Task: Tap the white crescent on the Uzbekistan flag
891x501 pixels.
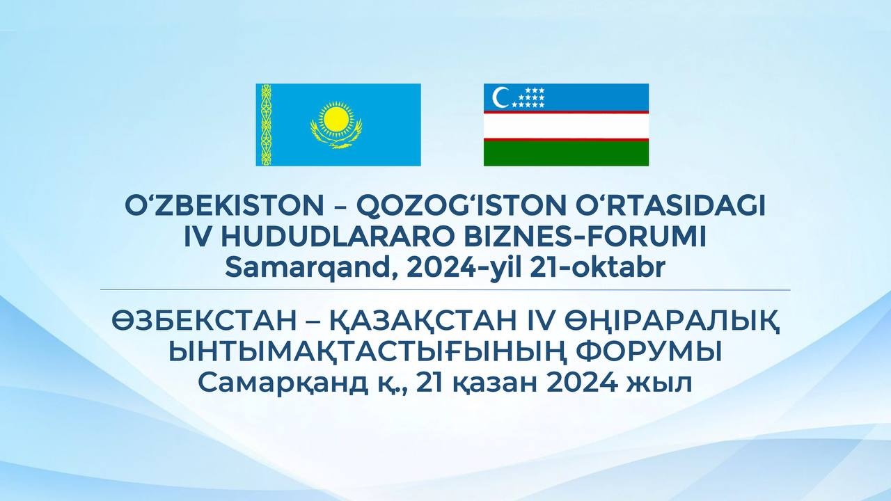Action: (x=499, y=97)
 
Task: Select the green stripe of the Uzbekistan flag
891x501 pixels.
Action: (x=566, y=154)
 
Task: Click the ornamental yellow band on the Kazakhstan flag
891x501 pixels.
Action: (x=266, y=125)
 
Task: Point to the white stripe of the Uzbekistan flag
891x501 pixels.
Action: (x=566, y=126)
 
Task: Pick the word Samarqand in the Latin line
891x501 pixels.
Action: (x=312, y=269)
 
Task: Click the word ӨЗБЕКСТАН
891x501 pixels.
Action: (x=204, y=321)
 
